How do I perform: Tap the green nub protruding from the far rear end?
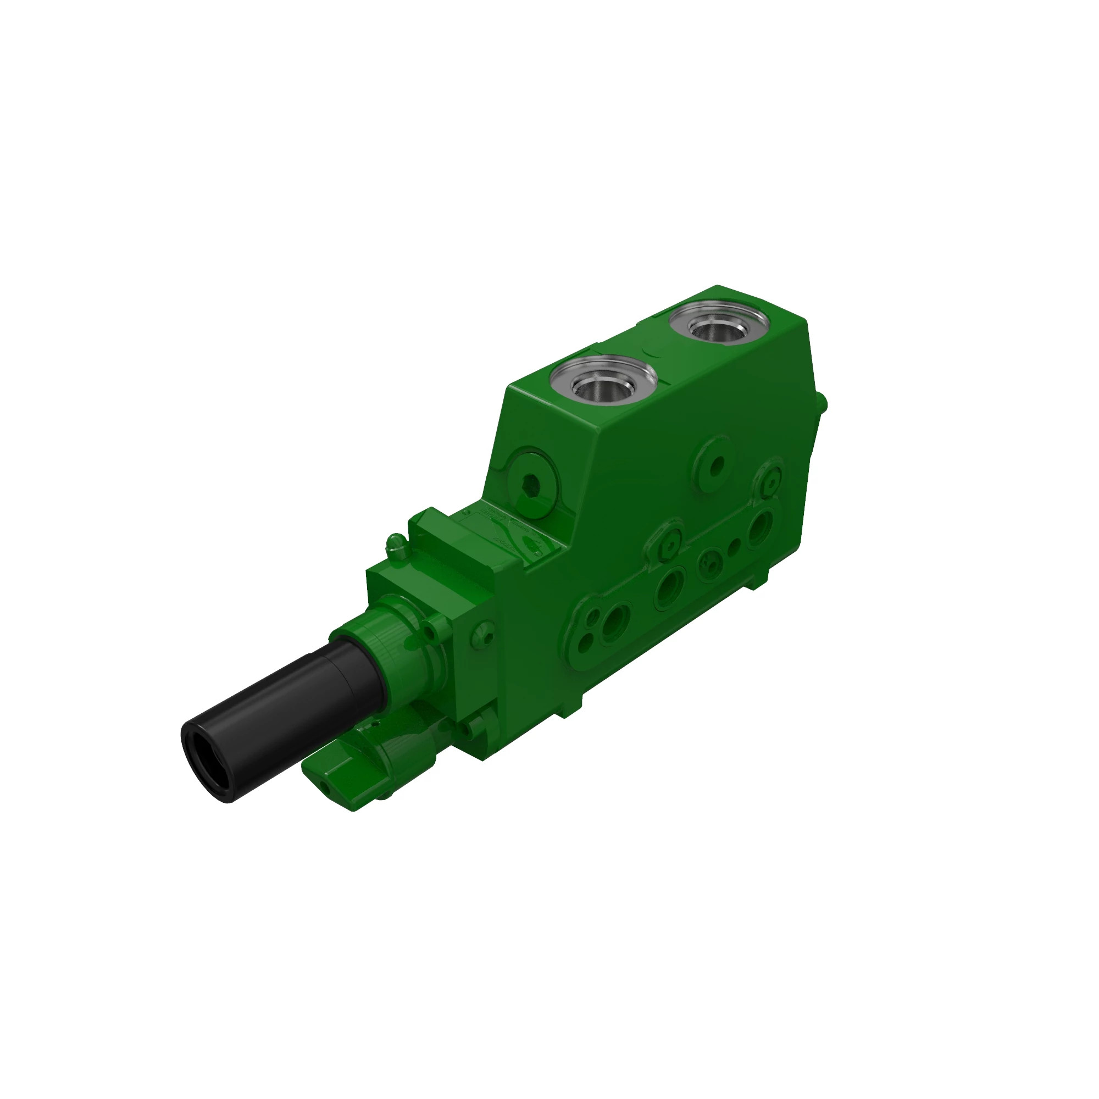tap(823, 404)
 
